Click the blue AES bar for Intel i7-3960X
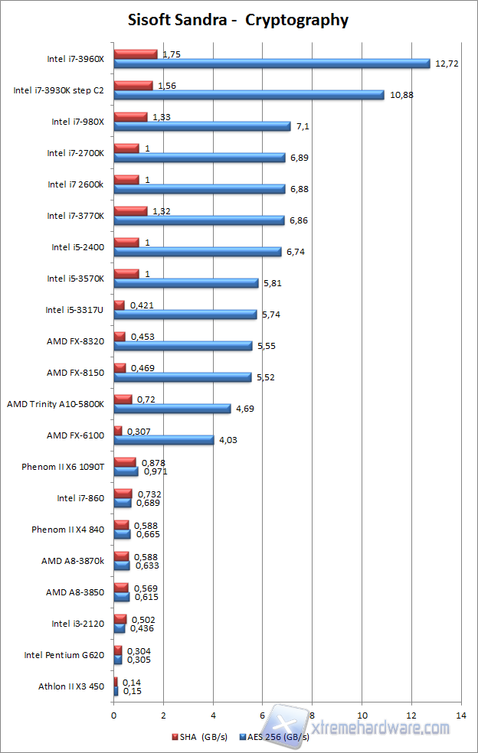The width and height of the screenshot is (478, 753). (x=272, y=64)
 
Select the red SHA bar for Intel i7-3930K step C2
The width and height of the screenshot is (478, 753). (x=133, y=86)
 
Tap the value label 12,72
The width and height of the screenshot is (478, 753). (x=447, y=64)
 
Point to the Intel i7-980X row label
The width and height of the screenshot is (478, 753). (x=82, y=121)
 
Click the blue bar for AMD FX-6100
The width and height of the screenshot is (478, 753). (x=164, y=440)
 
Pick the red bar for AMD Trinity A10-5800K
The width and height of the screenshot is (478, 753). (x=123, y=399)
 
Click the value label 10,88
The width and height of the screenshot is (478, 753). (x=400, y=95)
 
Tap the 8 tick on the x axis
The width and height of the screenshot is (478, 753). (x=313, y=715)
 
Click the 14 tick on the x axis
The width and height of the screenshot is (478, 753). (x=461, y=715)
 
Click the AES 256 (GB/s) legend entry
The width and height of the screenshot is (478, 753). (x=275, y=737)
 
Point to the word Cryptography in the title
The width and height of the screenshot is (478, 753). (x=296, y=20)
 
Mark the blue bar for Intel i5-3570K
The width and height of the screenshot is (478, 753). (x=186, y=283)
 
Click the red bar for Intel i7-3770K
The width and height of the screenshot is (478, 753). (x=130, y=210)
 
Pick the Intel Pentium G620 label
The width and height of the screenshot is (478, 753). (x=65, y=654)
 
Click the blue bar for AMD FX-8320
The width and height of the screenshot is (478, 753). (x=183, y=346)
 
